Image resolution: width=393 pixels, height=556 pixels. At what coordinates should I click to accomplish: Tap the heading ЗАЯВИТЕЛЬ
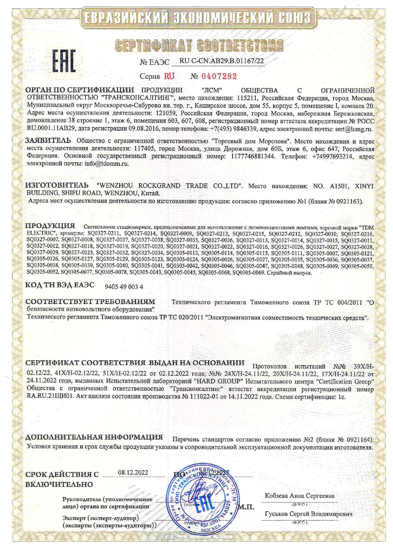[x=48, y=140]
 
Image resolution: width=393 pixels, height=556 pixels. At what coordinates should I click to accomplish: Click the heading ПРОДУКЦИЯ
[x=50, y=226]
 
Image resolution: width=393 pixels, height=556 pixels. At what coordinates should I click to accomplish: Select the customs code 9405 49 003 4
[x=124, y=287]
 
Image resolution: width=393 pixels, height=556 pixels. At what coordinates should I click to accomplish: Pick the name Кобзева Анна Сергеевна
[x=300, y=495]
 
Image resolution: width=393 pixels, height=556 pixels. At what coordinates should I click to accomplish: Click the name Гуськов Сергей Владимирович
[x=308, y=514]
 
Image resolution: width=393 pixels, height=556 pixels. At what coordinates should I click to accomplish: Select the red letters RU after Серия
[x=169, y=76]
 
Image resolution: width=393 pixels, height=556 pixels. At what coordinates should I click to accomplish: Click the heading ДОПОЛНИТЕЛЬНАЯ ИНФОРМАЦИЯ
[x=94, y=437]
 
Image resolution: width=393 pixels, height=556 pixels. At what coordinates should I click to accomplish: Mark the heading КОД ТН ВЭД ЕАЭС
[x=60, y=285]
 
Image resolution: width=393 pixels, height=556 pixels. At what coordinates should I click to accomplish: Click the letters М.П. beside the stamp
[x=246, y=507]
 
